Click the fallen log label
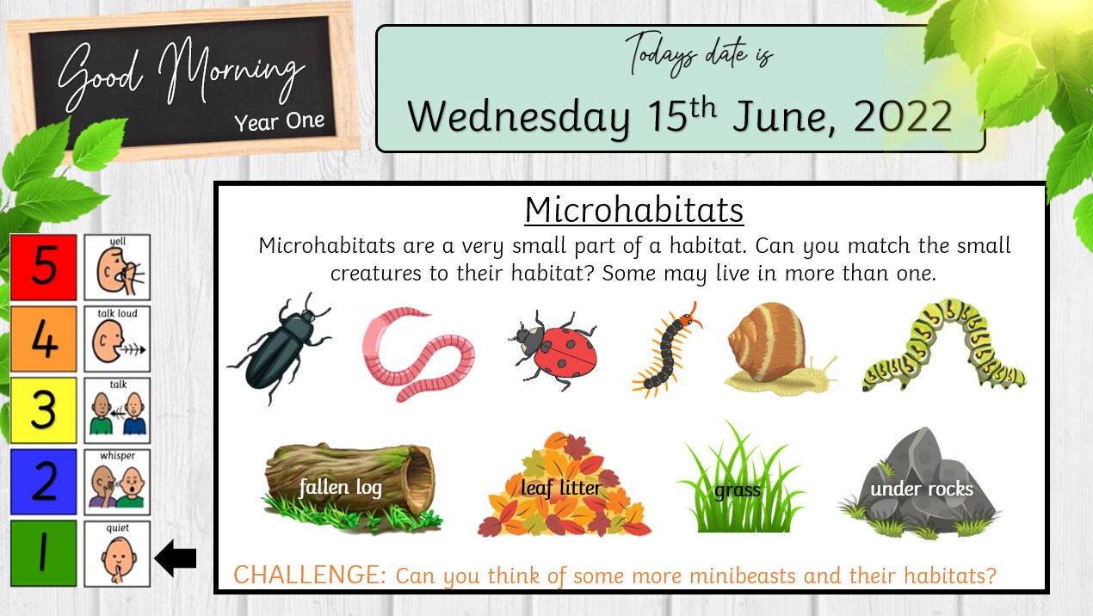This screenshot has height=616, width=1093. [341, 489]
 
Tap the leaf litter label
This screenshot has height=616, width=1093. [561, 489]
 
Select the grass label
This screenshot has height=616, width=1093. [738, 490]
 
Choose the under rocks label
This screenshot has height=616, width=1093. [922, 490]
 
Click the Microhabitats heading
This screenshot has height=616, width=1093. [633, 210]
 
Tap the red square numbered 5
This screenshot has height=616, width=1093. [44, 268]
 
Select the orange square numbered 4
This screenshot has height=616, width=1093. [44, 339]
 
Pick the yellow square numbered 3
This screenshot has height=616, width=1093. [44, 410]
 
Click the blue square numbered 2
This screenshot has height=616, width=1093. [44, 482]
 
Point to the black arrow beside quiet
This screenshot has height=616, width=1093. [176, 560]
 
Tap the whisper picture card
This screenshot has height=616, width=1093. [117, 482]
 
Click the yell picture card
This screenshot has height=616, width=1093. [117, 268]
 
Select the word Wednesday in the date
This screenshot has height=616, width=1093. [519, 116]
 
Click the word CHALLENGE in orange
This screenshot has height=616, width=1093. [310, 575]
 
